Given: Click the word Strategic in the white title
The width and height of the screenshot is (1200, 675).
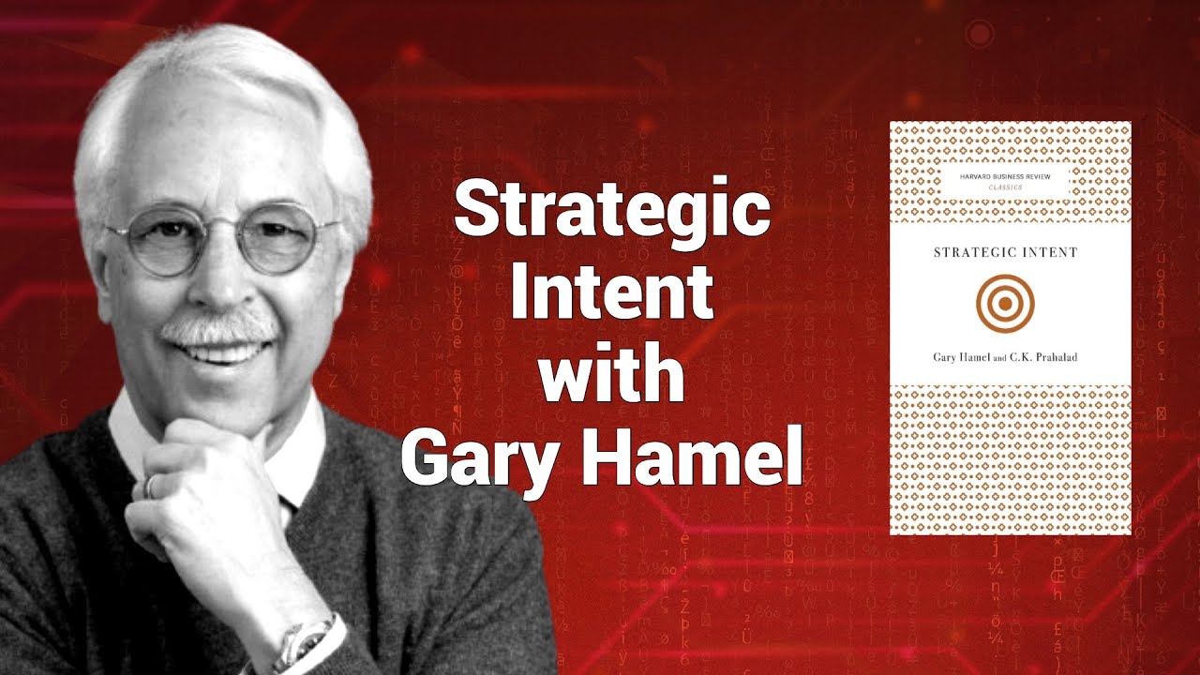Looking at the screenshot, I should point(612,213).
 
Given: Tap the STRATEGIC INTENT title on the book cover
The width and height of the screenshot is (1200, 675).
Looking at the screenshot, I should point(1004,252).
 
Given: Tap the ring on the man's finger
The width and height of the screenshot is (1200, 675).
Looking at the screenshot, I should point(150,486).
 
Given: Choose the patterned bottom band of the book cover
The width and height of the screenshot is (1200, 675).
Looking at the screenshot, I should point(1011,459).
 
